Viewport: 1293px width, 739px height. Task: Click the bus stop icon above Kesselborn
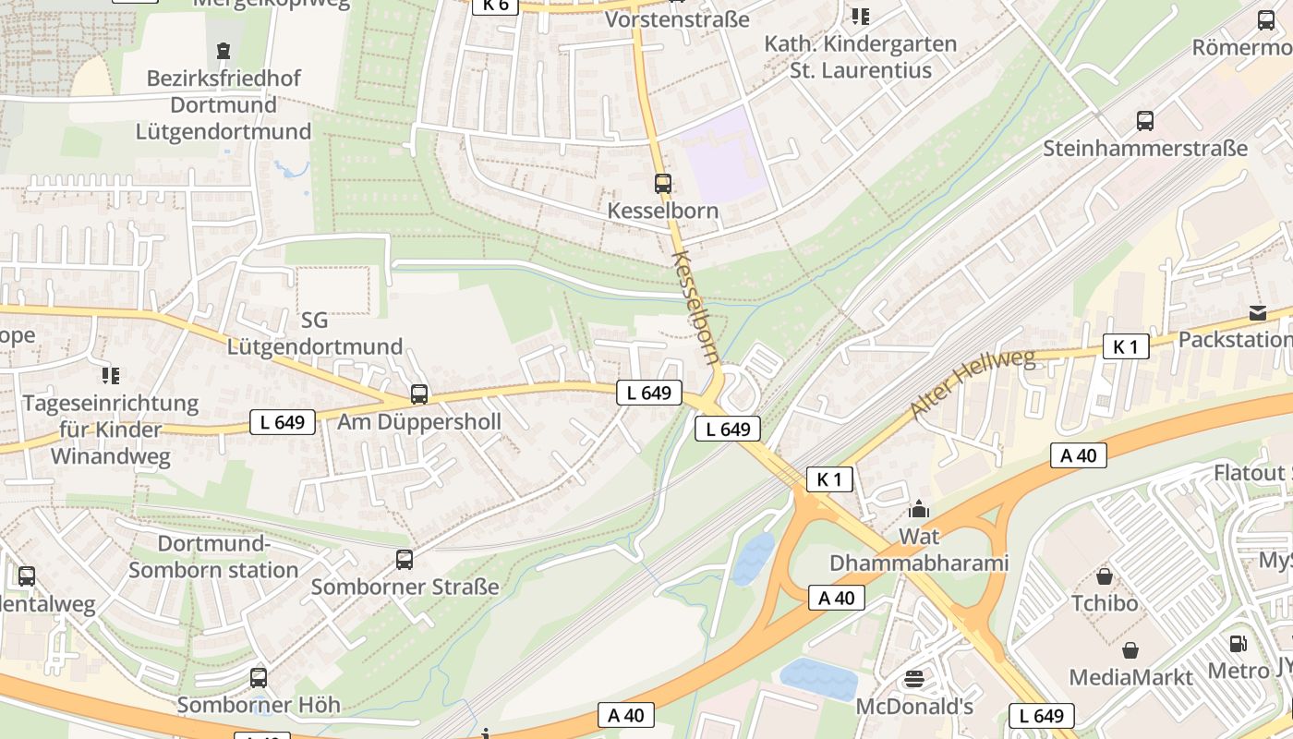[663, 183]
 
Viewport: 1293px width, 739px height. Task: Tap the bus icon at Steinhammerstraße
[1145, 120]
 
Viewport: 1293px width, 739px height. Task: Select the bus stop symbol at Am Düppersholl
[419, 394]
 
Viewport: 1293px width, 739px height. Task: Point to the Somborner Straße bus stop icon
[405, 559]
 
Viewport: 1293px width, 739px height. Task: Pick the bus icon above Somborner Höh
[259, 677]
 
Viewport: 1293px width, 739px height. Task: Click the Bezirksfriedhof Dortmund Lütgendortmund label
[224, 104]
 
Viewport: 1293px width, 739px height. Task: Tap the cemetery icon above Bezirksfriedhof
[224, 50]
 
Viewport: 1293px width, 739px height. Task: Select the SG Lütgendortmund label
[315, 333]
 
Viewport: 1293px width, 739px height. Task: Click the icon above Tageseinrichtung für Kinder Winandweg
[111, 375]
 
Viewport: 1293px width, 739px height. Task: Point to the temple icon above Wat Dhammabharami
[919, 509]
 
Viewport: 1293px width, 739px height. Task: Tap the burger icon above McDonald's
[914, 679]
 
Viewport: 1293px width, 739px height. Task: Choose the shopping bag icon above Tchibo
[1105, 576]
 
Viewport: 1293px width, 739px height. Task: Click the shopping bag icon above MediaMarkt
[1130, 650]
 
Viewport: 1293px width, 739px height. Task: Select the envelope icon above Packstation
[1258, 312]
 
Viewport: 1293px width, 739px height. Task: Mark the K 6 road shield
[495, 6]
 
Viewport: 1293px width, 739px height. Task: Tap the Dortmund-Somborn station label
[213, 556]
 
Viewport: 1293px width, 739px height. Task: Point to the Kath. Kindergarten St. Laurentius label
[861, 56]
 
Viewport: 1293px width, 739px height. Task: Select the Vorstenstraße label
[677, 18]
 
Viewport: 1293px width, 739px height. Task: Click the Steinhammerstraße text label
[1145, 148]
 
